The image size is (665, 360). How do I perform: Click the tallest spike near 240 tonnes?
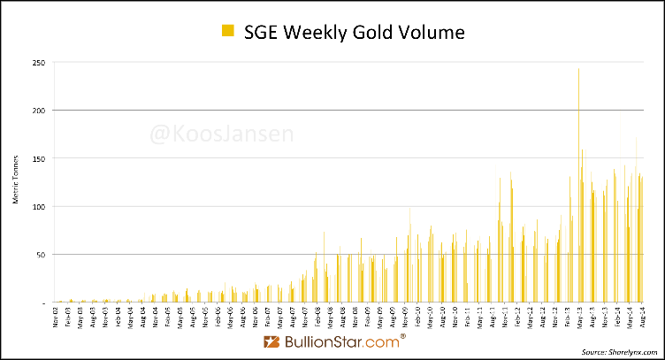tap(578, 71)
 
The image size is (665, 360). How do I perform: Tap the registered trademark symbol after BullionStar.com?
tap(404, 336)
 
